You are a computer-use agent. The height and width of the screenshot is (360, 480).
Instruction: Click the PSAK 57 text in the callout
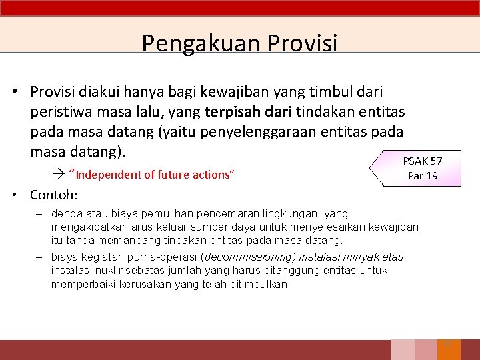point(422,161)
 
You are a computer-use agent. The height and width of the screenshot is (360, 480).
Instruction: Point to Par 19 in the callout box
point(423,175)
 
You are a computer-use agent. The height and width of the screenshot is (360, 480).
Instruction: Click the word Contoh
point(53,195)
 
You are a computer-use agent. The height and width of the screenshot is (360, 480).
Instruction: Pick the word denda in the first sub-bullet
point(64,214)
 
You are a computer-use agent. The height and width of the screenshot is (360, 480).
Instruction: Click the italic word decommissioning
point(239,257)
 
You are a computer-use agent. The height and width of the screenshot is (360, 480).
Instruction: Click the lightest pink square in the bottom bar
point(402,350)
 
